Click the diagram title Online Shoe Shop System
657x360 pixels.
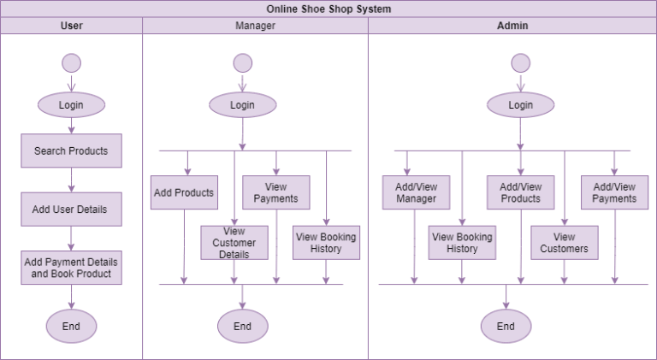point(328,9)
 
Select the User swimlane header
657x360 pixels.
point(72,26)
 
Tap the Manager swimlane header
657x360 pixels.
point(255,26)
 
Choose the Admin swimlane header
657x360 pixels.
point(512,26)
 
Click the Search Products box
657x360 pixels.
point(71,150)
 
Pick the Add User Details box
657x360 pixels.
point(71,209)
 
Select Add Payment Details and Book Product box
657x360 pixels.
point(71,268)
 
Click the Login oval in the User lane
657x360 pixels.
point(71,105)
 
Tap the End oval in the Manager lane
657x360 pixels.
point(242,326)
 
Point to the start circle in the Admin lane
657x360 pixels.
point(520,63)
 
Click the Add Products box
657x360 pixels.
point(184,192)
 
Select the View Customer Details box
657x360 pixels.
point(234,243)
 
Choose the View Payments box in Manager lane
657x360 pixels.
point(275,192)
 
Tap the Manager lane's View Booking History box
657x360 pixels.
point(326,243)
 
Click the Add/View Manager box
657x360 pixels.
point(416,192)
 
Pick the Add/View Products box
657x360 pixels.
point(520,192)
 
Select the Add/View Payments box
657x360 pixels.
point(614,192)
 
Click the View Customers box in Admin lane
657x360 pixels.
point(564,243)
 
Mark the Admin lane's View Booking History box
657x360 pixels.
point(462,243)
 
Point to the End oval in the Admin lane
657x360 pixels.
point(506,326)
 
